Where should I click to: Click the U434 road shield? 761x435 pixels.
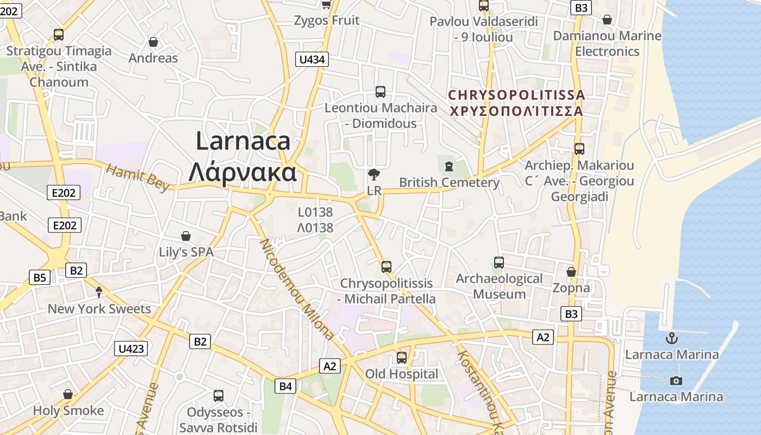tap(313, 59)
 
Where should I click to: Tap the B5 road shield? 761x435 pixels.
tap(40, 278)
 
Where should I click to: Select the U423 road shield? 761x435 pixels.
tap(131, 348)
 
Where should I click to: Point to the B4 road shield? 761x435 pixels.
tap(286, 387)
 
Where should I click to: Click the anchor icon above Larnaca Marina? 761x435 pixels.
tap(672, 338)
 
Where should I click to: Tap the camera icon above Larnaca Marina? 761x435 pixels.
tap(676, 381)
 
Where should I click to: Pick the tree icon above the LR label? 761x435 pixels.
tap(374, 175)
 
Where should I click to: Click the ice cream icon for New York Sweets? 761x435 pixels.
tap(99, 293)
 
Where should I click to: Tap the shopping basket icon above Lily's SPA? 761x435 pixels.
tap(186, 236)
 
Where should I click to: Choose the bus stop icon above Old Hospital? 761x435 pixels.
tap(402, 358)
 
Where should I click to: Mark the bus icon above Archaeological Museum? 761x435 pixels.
tap(499, 263)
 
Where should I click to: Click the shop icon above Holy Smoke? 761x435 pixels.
tap(68, 394)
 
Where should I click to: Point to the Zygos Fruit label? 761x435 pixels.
tap(327, 21)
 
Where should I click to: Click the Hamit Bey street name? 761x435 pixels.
tap(138, 177)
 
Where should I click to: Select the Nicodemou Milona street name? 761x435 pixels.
tap(297, 288)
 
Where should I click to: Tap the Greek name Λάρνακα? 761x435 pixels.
tap(242, 172)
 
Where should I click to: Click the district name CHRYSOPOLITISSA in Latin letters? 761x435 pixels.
tap(516, 95)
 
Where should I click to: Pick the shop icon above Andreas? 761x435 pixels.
tap(153, 42)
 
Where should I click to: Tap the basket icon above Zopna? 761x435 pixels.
tap(571, 271)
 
